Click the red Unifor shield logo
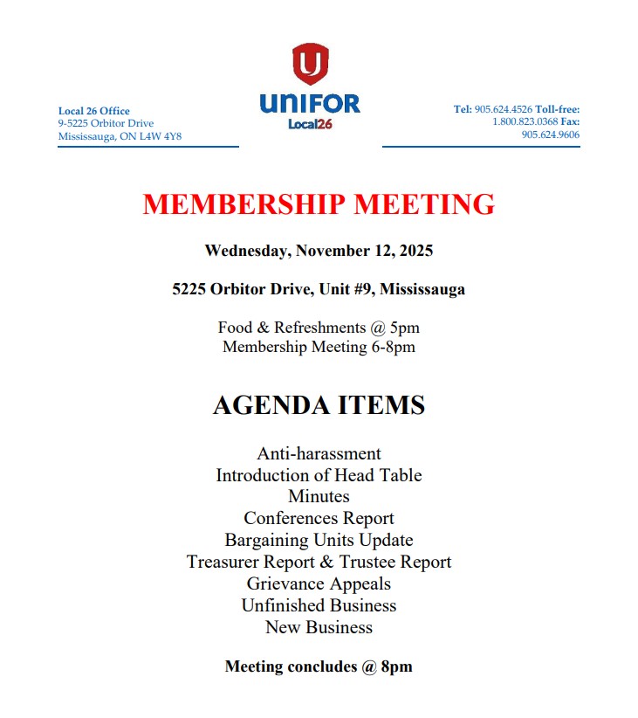(x=310, y=64)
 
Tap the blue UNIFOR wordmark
(x=310, y=104)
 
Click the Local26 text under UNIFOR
(x=310, y=124)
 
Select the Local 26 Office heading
(x=94, y=111)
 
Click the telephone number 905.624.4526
(x=503, y=109)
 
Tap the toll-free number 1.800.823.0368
(x=525, y=122)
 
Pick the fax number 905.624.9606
(x=551, y=135)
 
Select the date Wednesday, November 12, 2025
(x=319, y=251)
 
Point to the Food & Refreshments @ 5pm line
(x=319, y=328)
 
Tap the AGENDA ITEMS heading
(x=319, y=405)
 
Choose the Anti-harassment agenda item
(x=319, y=453)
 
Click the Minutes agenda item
(x=319, y=496)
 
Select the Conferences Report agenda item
(x=319, y=518)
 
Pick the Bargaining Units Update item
(x=319, y=540)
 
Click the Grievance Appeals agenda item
(x=319, y=583)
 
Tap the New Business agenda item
(x=319, y=627)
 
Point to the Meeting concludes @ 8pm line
(x=319, y=666)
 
